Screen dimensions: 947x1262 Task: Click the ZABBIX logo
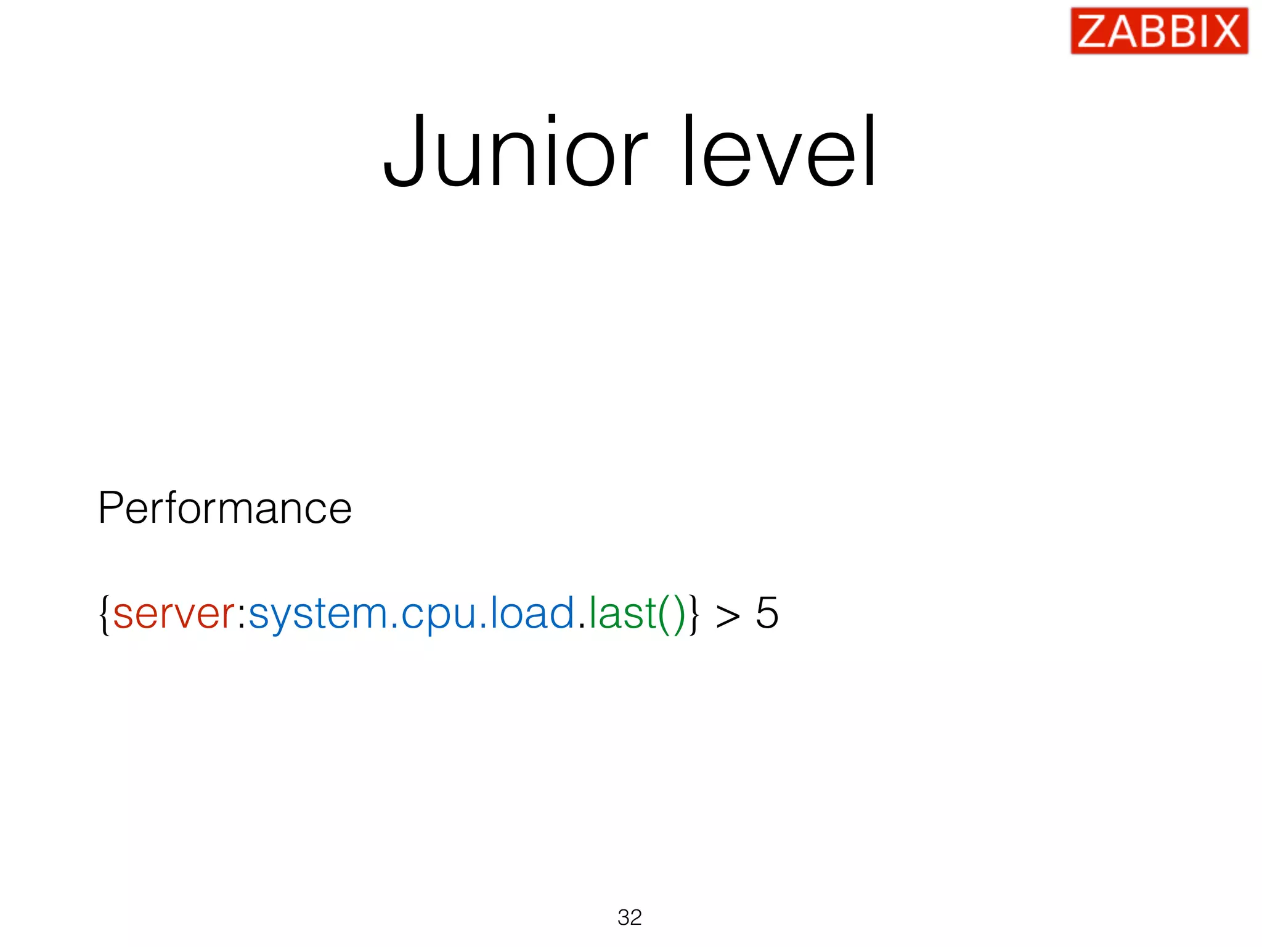pos(1159,31)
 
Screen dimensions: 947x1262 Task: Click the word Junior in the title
pos(515,152)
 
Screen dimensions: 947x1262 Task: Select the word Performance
pos(225,509)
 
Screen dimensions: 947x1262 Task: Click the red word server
pos(174,614)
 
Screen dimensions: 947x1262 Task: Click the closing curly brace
pos(694,614)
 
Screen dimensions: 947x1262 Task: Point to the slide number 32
pos(630,917)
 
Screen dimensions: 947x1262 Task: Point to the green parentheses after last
pos(672,614)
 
